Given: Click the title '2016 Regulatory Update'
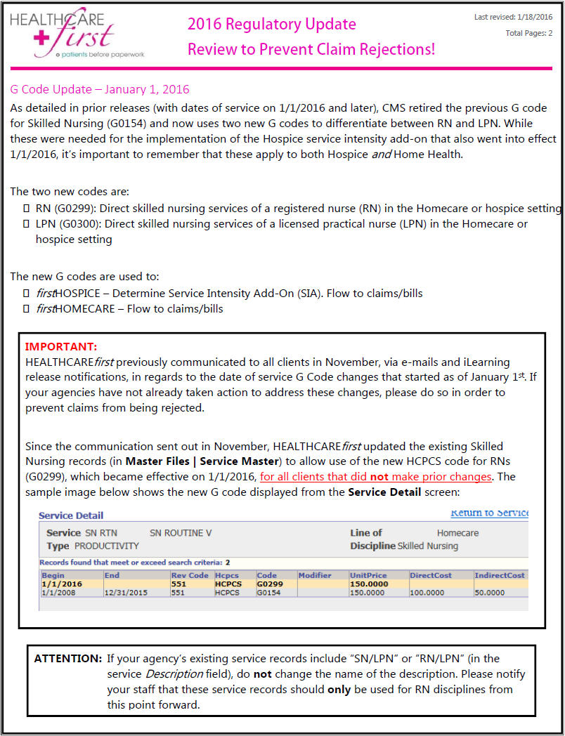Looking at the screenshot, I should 271,24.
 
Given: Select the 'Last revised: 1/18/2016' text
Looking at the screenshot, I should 513,17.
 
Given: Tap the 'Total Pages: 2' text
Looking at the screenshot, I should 528,33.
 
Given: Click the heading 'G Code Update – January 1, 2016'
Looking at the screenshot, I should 100,89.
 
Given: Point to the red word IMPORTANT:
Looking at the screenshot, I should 61,347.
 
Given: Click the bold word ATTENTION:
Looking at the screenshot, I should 68,659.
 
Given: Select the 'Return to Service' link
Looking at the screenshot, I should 489,513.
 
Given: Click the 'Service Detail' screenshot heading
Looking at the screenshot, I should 71,515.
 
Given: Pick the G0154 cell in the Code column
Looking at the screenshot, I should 268,592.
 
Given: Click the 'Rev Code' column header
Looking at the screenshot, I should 190,575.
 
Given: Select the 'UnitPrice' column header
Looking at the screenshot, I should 368,575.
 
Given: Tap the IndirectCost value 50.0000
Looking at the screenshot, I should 490,592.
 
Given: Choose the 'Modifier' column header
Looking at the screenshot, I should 315,575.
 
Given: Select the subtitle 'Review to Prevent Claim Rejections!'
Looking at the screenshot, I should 311,49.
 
